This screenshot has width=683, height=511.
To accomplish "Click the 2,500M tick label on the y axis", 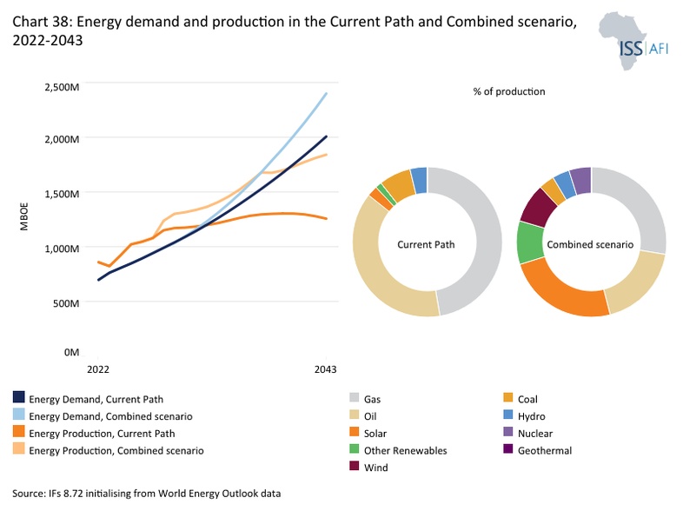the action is (62, 87).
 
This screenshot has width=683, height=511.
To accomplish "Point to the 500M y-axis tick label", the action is (66, 302).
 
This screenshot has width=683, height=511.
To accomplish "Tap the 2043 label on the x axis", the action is (325, 369).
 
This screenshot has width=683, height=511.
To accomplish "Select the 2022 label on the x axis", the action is (98, 369).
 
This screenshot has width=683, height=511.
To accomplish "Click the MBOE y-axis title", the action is (24, 216).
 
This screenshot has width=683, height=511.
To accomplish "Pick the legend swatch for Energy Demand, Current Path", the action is (19, 397).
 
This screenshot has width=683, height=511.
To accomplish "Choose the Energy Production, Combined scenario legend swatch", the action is (19, 448).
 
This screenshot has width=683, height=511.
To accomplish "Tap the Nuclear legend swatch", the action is (507, 431).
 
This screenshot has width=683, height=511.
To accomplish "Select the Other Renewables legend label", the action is (406, 450).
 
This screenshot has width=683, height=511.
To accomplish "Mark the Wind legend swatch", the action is (355, 466).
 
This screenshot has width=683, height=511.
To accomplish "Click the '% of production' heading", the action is (508, 91).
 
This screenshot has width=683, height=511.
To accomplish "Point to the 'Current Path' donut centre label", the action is (426, 244).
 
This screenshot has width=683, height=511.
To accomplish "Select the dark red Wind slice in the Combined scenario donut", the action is (539, 209).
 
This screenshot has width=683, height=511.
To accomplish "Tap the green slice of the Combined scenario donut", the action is (530, 242).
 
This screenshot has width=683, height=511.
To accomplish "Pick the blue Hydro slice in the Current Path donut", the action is (419, 180).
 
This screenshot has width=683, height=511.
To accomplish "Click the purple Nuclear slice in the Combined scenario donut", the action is (580, 181).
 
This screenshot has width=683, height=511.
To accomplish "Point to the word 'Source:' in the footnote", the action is (29, 494).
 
